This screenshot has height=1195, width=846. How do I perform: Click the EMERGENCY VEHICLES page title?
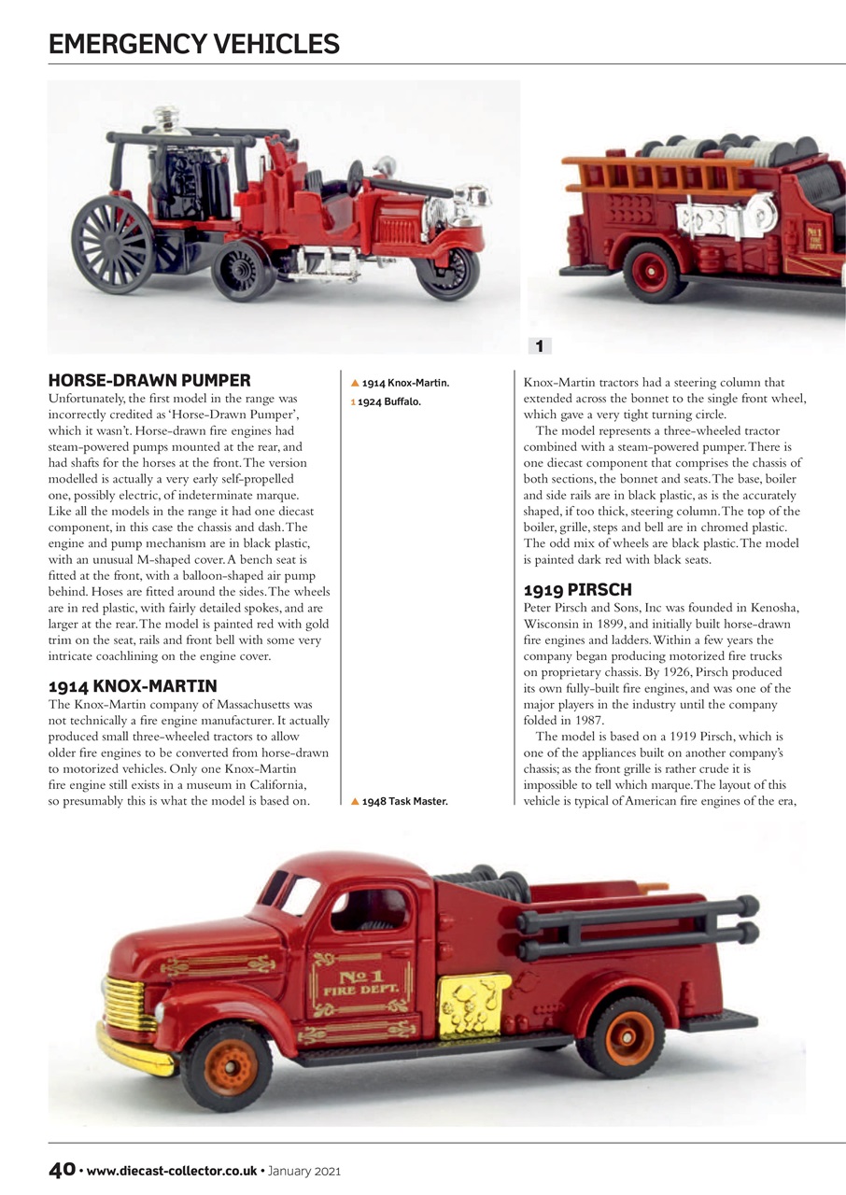[x=193, y=43]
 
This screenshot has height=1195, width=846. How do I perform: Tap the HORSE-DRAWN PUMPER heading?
[x=149, y=381]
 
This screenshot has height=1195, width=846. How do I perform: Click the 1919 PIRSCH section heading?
[x=577, y=590]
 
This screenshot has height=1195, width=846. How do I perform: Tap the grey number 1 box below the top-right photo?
[x=539, y=346]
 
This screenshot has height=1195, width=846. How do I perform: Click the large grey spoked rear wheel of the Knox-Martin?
[x=112, y=244]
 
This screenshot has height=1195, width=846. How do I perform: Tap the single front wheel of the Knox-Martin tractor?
[x=446, y=272]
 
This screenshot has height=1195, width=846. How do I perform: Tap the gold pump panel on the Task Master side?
[x=474, y=1005]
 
